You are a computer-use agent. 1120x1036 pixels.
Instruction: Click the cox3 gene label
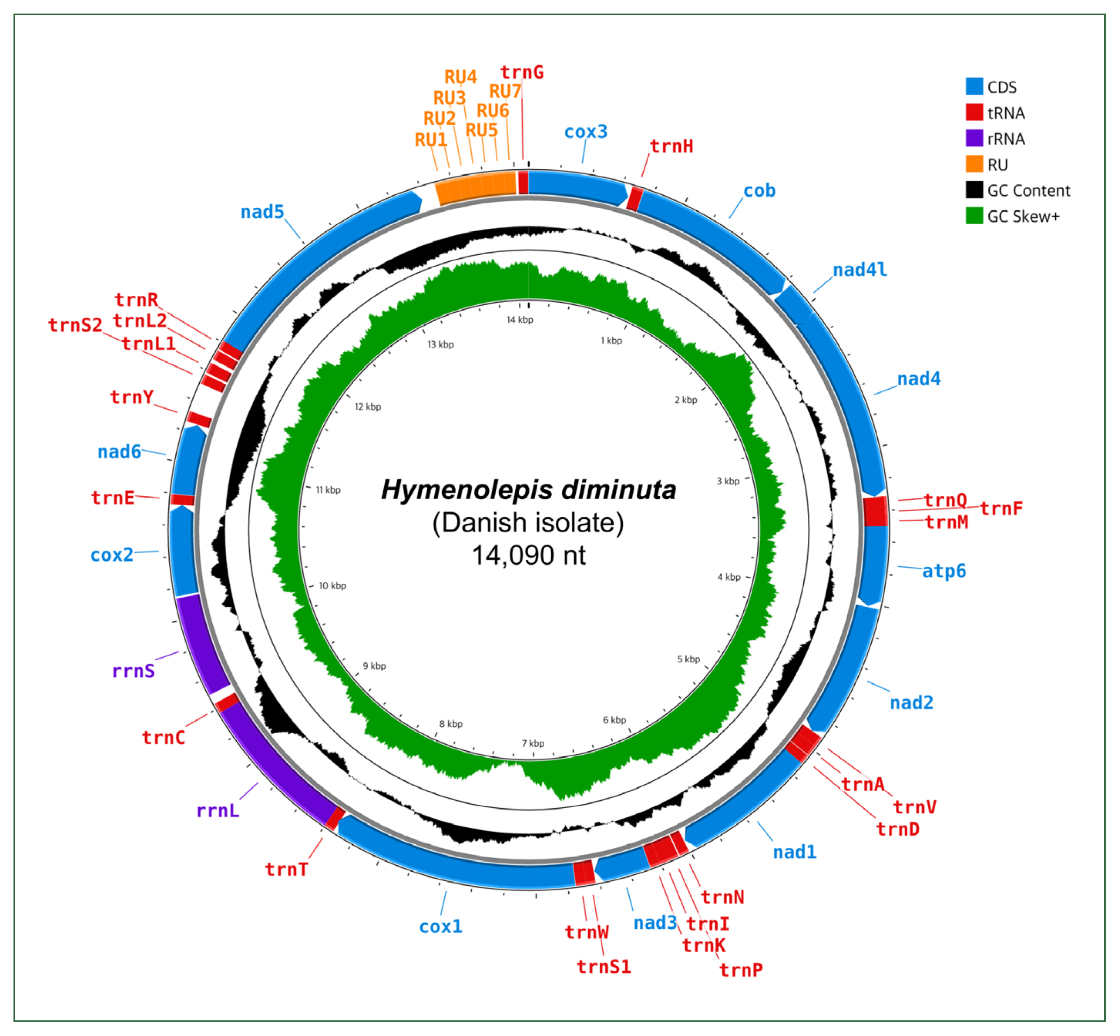pos(585,132)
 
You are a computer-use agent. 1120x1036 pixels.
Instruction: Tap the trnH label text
pos(671,147)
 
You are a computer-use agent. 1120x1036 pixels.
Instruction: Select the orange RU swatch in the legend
pos(974,164)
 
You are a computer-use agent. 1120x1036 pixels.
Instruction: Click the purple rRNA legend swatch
pos(974,139)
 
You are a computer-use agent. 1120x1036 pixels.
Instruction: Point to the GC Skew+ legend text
pos(1023,216)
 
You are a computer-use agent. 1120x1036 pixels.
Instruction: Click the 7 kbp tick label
pos(533,743)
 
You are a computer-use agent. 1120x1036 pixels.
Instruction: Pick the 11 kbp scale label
pos(328,490)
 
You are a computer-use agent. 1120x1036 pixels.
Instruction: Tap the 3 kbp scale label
pos(728,481)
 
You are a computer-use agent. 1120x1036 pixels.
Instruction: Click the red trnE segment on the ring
pos(183,499)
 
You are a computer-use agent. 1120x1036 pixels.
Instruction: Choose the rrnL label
pos(218,811)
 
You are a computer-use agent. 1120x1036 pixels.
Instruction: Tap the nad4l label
pos(860,270)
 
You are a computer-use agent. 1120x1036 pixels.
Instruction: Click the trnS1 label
pos(603,967)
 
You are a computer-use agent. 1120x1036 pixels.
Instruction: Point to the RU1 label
pos(431,140)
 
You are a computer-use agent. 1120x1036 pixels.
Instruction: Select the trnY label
pos(132,397)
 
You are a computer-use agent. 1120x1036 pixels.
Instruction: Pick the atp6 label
pos(944,571)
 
